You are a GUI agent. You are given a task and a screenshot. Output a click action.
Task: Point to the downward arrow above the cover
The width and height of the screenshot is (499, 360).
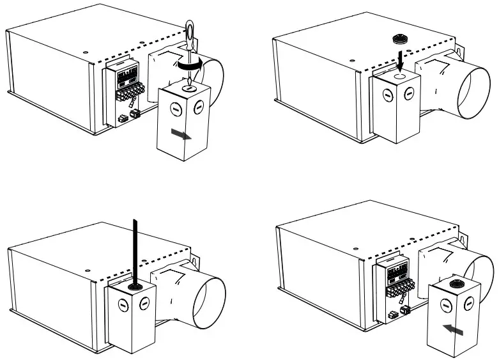tap(399, 60)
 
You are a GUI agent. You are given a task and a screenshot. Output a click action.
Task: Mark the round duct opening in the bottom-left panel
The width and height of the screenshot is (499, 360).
tap(212, 304)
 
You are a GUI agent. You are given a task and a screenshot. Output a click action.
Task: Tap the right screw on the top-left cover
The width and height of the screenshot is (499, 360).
tap(199, 104)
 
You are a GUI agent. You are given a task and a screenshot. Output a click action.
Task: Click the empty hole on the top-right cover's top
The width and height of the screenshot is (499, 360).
tap(399, 75)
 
